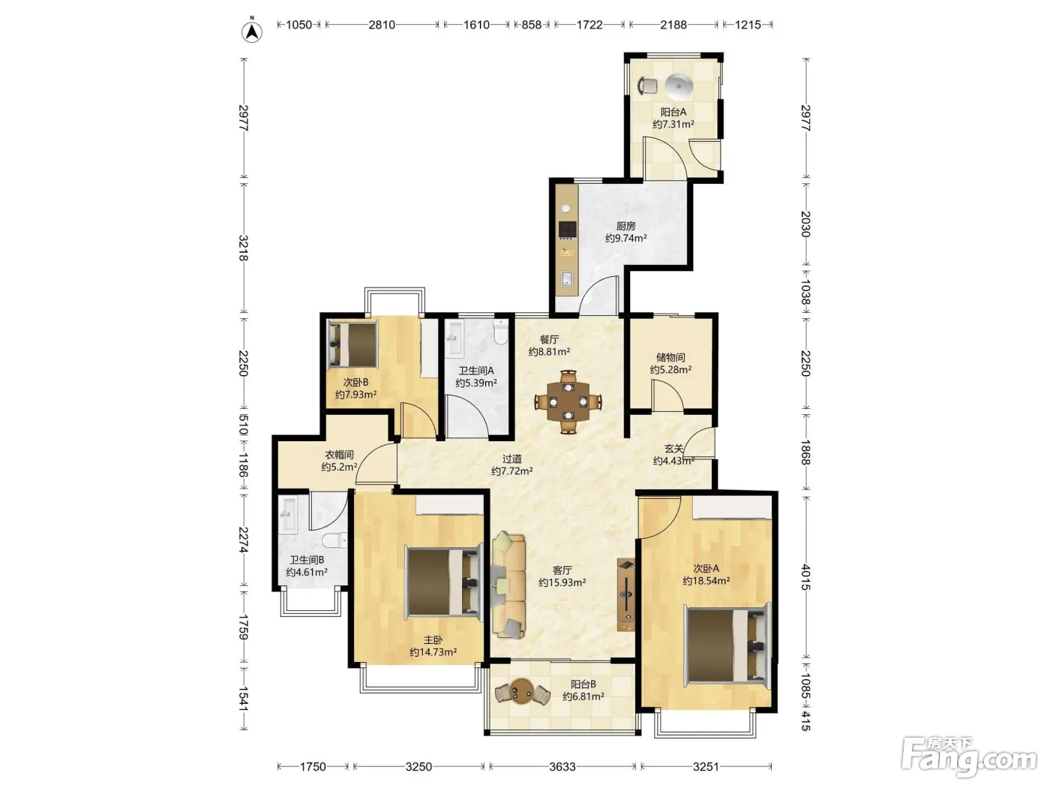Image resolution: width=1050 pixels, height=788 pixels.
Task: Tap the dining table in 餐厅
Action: (568, 402)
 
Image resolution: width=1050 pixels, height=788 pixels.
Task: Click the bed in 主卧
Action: (443, 582)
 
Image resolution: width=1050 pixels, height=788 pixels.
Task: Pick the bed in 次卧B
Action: (352, 345)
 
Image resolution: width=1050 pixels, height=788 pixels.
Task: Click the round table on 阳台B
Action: (522, 691)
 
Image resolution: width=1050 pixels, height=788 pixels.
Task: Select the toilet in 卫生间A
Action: (500, 332)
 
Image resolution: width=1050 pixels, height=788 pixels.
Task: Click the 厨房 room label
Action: (625, 226)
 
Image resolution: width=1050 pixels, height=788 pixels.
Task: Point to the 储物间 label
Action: (670, 357)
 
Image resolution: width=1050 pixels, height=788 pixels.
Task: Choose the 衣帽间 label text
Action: (339, 455)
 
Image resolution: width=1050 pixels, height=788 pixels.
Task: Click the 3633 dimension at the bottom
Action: (562, 767)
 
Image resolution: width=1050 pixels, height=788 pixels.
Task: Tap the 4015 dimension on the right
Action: (805, 577)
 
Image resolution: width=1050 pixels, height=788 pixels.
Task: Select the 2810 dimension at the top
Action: (382, 25)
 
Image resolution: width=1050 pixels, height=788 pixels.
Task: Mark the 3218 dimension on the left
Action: (244, 248)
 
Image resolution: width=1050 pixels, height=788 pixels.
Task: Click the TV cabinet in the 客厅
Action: (625, 594)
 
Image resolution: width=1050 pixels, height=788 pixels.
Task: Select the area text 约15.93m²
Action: (562, 582)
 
